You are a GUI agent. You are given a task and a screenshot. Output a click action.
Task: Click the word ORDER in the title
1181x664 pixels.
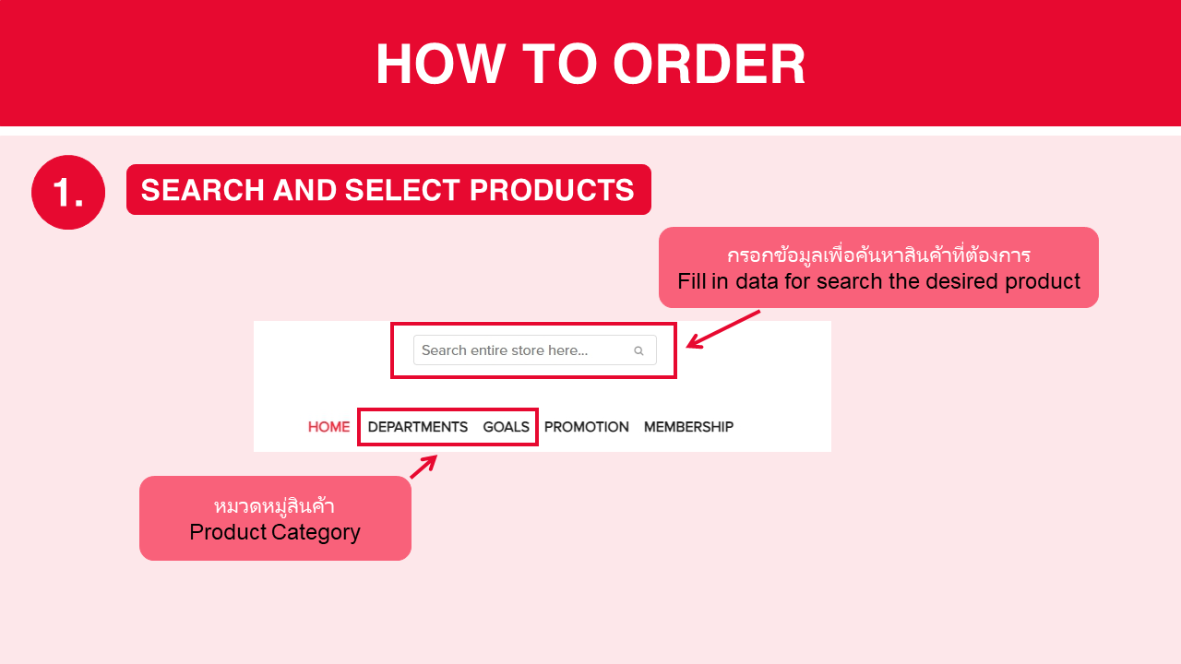click(709, 64)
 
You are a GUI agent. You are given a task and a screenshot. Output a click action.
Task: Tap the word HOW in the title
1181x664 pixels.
click(441, 64)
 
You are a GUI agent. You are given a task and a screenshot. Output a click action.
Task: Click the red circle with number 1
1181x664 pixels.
click(68, 192)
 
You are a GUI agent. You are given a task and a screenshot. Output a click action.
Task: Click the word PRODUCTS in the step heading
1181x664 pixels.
click(552, 190)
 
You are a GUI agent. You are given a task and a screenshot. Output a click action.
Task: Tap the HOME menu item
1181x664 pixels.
click(328, 427)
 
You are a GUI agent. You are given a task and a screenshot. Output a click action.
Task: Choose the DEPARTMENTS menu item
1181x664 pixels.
click(418, 427)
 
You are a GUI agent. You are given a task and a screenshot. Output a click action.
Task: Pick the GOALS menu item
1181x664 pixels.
click(507, 427)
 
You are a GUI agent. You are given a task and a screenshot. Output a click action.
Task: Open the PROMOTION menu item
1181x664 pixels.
click(586, 427)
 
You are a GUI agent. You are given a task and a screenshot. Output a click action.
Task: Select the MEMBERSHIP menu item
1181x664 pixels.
click(688, 427)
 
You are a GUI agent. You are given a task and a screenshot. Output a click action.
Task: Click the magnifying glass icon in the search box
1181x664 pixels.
click(638, 350)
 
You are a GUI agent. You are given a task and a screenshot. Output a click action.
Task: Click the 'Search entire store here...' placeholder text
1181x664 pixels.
click(505, 350)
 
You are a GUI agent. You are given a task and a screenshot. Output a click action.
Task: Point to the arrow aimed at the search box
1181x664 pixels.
click(722, 329)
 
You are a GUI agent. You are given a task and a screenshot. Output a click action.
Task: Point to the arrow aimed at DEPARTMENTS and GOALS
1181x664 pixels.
click(423, 467)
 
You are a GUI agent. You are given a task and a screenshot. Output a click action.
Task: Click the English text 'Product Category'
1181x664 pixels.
click(275, 532)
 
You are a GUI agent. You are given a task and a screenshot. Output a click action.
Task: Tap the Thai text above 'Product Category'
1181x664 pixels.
click(274, 506)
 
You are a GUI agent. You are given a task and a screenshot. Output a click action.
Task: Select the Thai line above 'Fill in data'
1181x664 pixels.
click(879, 255)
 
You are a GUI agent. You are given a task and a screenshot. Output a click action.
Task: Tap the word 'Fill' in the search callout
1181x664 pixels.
click(691, 281)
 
